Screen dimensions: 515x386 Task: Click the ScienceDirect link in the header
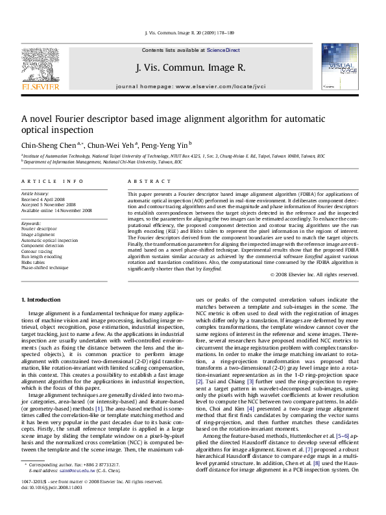point(223,50)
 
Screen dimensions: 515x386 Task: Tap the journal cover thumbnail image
point(337,69)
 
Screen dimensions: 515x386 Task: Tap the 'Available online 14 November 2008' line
point(56,210)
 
